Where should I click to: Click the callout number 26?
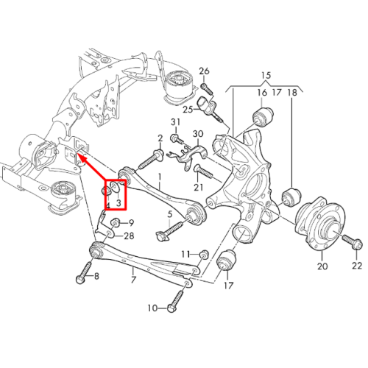tap(204, 71)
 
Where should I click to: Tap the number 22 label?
tap(357, 266)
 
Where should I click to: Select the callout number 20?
tap(322, 266)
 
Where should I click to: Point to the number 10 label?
tap(152, 308)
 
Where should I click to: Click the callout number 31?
tap(175, 122)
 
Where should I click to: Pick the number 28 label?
tap(129, 236)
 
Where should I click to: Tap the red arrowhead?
tap(82, 158)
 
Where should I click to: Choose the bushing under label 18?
tap(291, 197)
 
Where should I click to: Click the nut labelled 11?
tap(205, 255)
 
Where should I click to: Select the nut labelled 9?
tap(116, 223)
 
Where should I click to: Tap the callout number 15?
tap(266, 75)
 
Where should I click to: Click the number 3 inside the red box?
tap(118, 203)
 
